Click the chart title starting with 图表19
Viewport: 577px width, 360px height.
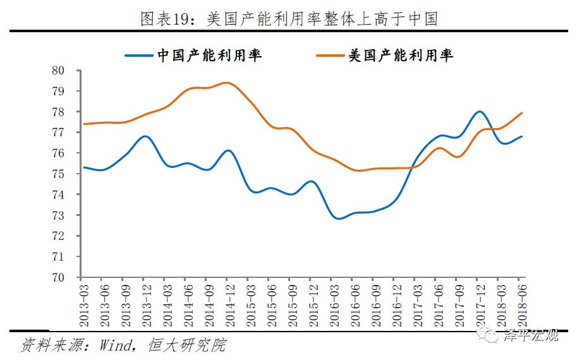click(289, 18)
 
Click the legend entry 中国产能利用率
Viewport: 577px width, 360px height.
click(209, 56)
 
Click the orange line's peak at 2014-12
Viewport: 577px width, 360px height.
click(228, 83)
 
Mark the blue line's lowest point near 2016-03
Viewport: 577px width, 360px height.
click(338, 219)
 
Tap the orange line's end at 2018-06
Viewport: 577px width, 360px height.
click(521, 113)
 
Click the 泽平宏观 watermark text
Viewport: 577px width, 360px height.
click(531, 335)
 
